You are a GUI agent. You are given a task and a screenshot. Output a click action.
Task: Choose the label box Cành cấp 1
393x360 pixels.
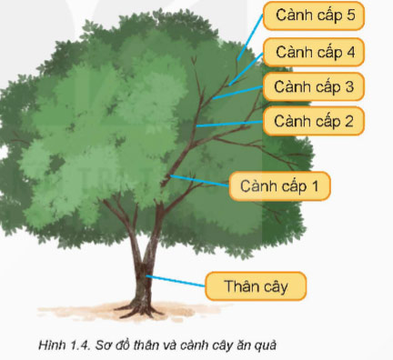coord(279,185)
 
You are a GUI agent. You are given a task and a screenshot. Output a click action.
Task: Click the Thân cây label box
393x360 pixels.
coord(256,286)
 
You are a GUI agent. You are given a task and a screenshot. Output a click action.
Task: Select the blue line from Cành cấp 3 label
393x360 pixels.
coord(238,92)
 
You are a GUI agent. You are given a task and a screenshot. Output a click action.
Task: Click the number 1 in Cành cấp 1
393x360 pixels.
coord(317,185)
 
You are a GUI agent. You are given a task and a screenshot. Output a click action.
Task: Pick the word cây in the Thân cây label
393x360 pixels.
coord(274,286)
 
